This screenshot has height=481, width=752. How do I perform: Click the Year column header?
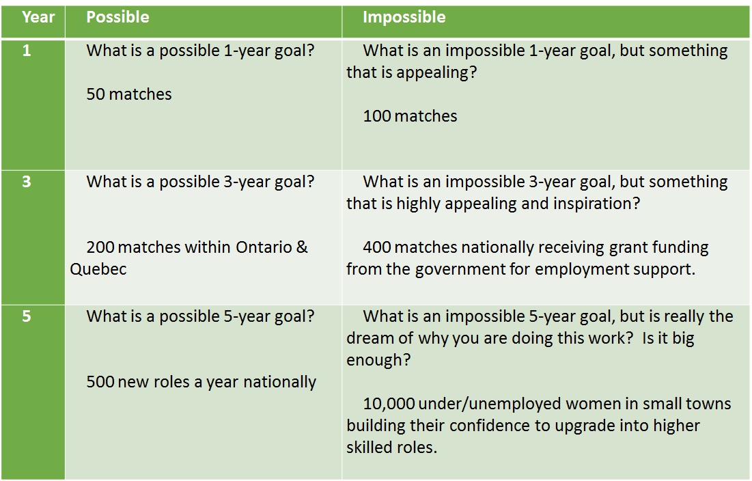pyautogui.click(x=38, y=17)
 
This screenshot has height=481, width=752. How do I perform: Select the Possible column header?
pyautogui.click(x=117, y=17)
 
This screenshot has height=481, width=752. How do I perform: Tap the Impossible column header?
pyautogui.click(x=404, y=18)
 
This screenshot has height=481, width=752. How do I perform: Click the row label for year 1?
pyautogui.click(x=27, y=51)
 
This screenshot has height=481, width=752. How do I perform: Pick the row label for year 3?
pyautogui.click(x=27, y=182)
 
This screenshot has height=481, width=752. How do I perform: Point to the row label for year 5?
pyautogui.click(x=27, y=316)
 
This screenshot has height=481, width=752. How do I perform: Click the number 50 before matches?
pyautogui.click(x=96, y=94)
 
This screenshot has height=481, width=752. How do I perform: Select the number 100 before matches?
pyautogui.click(x=377, y=116)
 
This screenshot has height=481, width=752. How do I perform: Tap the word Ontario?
pyautogui.click(x=264, y=247)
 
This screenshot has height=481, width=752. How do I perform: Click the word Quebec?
pyautogui.click(x=98, y=269)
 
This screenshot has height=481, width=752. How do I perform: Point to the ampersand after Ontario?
pyautogui.click(x=302, y=247)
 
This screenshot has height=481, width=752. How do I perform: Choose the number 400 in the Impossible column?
pyautogui.click(x=377, y=247)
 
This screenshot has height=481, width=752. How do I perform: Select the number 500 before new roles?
pyautogui.click(x=100, y=382)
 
